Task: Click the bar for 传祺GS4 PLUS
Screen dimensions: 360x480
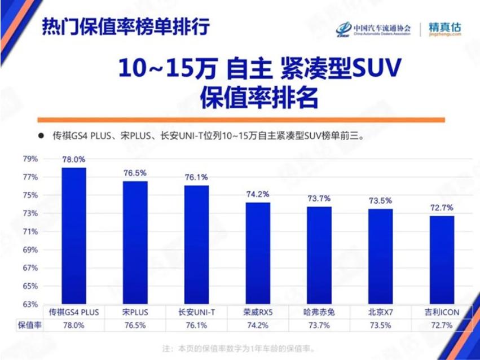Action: click(x=74, y=236)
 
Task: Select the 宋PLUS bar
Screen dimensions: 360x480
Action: click(x=135, y=243)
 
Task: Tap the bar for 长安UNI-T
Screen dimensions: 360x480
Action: click(x=196, y=245)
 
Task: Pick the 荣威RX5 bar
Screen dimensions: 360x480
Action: click(x=258, y=253)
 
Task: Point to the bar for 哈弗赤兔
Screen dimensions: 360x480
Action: click(x=319, y=256)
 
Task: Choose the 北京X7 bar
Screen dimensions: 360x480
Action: click(x=380, y=257)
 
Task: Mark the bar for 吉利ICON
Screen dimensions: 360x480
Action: click(x=442, y=260)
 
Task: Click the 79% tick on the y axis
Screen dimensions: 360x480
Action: click(x=30, y=159)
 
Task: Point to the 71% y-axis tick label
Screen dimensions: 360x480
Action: click(x=30, y=231)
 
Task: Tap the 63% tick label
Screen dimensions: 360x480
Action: click(x=30, y=304)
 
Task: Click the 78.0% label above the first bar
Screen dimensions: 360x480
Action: click(x=74, y=160)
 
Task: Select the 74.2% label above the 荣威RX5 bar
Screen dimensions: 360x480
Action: click(x=258, y=194)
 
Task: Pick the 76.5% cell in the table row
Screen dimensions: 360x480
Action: click(x=135, y=326)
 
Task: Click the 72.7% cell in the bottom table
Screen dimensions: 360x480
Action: click(x=442, y=326)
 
